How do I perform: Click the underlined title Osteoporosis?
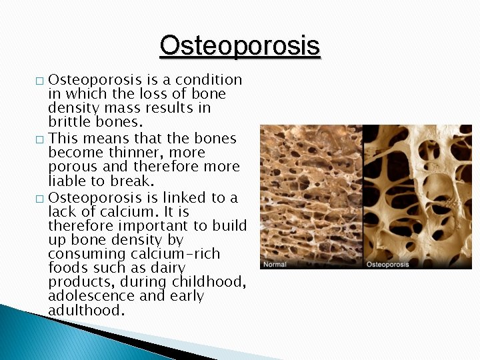[240, 45]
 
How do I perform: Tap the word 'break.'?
[135, 181]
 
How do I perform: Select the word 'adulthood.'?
[86, 310]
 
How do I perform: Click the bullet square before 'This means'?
[39, 140]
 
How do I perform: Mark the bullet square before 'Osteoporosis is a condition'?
[39, 81]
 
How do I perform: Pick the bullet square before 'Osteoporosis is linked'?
[39, 199]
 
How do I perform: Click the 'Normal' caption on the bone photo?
[275, 265]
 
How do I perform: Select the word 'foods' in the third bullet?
[67, 268]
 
